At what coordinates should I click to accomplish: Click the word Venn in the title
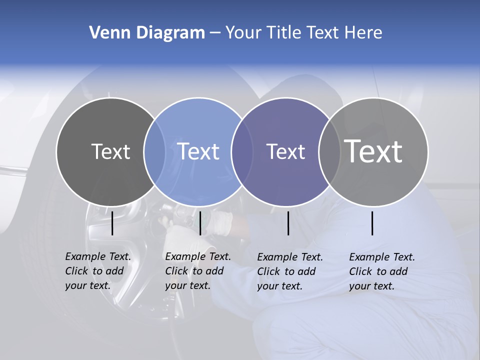coord(106,33)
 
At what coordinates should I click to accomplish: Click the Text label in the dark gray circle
coord(110,151)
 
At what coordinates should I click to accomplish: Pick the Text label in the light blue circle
coord(198,151)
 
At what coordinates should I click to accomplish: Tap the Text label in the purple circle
coord(285,151)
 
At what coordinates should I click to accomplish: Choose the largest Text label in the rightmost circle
coord(373,151)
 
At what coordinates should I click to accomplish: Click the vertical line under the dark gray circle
coord(112,223)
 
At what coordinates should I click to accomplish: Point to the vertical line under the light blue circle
coord(200,223)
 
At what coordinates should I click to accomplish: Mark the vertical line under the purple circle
coord(288,223)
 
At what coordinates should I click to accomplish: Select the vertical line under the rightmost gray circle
coord(372,223)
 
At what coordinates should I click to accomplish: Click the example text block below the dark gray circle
coord(97,271)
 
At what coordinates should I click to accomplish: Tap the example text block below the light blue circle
coord(197,271)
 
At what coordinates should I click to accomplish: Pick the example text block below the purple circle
coord(289,271)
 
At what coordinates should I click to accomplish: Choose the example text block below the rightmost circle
coord(381,271)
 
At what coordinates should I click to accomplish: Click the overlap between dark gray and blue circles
coord(154,151)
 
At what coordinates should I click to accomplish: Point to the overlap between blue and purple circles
coord(242,151)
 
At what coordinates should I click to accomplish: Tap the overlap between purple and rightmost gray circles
coord(329,151)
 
